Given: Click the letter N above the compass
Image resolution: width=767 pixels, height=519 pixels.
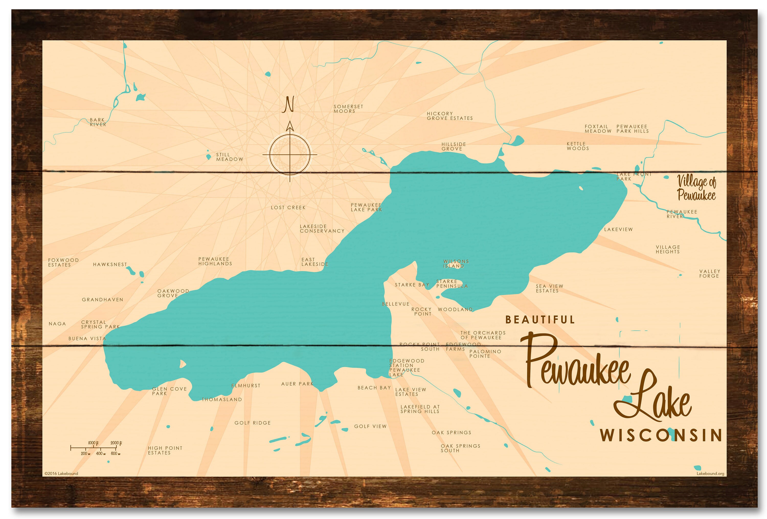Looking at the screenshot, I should (289, 104).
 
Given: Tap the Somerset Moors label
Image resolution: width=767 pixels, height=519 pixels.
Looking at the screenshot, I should (348, 109).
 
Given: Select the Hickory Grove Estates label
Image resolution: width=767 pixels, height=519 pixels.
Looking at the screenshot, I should (449, 116).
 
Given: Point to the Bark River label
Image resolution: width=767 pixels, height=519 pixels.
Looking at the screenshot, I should (98, 122).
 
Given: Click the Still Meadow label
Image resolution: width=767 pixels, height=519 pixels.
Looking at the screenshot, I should (229, 157).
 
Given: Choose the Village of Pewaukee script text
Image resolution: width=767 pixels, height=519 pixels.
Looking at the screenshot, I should (696, 188).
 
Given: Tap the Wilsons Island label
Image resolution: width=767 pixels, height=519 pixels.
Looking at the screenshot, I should (456, 264).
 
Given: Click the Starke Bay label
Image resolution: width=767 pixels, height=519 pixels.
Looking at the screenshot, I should (412, 285).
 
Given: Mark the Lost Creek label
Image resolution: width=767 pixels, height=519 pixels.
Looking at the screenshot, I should (288, 208).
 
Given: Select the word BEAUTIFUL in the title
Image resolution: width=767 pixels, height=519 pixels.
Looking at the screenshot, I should (540, 320).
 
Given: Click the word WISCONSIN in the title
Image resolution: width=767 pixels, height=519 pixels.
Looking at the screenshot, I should (661, 435).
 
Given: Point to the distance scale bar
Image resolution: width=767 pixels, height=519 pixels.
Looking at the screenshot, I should (96, 448).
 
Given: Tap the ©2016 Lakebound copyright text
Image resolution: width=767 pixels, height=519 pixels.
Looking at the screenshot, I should (61, 473).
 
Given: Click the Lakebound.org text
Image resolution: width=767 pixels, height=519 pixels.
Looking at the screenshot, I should (710, 474).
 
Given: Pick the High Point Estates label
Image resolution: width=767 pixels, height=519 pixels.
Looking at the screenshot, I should (165, 450).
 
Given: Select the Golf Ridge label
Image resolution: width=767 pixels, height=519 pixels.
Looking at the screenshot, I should (253, 423).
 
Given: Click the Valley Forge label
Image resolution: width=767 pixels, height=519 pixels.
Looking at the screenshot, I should (709, 274).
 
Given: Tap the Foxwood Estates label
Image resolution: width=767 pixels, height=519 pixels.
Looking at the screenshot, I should (63, 262).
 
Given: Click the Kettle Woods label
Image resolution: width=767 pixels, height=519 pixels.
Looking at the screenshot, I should (578, 146).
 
